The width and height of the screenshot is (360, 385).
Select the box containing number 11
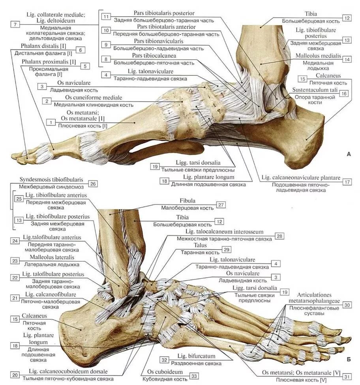(106, 17)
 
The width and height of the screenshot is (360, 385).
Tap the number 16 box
(344, 94)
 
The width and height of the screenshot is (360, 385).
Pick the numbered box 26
(93, 184)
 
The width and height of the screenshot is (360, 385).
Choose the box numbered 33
(194, 376)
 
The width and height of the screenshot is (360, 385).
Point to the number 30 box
(347, 305)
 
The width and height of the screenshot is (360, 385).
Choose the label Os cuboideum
(165, 372)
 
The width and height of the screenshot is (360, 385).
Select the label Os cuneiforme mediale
(94, 98)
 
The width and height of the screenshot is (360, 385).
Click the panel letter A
(348, 154)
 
